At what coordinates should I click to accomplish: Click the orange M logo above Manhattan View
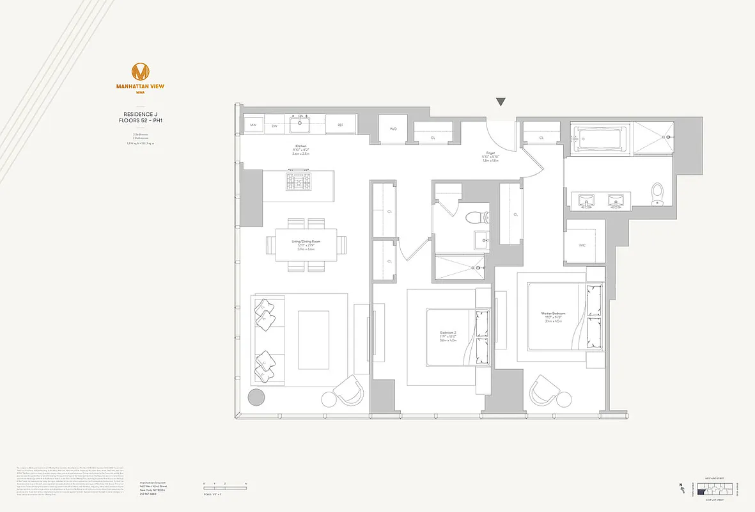[x=141, y=72]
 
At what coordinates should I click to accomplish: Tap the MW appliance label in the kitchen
[x=253, y=125]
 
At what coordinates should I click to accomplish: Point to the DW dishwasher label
[x=274, y=125]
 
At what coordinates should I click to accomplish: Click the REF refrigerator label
[x=341, y=125]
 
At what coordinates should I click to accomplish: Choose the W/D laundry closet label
[x=393, y=129]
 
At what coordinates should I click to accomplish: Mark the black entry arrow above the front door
[x=501, y=102]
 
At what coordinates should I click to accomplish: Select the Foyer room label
[x=491, y=154]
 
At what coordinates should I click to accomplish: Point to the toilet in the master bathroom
[x=657, y=194]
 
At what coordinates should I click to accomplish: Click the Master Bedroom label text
[x=554, y=314]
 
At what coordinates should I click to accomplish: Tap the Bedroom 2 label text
[x=448, y=333]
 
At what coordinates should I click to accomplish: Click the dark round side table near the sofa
[x=256, y=397]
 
